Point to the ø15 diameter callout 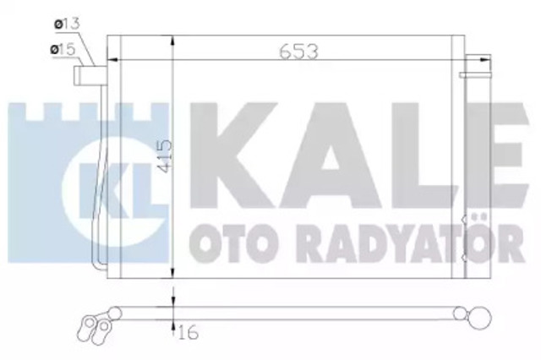click(62, 51)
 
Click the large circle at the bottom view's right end click(481, 319)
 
